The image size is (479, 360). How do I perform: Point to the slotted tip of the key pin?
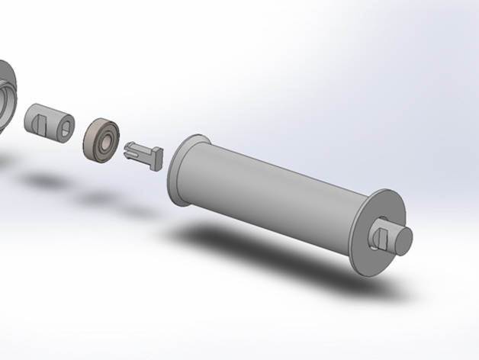(130, 149)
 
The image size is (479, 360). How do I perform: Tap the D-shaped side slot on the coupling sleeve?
(41, 120)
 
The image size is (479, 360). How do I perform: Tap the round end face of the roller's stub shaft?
(403, 240)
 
